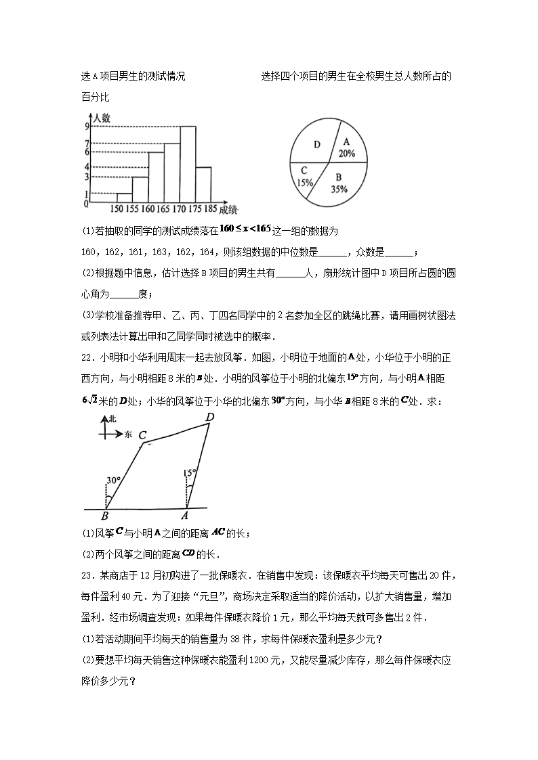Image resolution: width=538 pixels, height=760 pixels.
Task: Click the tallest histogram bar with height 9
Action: coord(188,164)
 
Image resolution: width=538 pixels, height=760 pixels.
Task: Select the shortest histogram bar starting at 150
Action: coord(124,198)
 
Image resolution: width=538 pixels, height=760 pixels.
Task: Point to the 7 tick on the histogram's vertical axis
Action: coord(87,143)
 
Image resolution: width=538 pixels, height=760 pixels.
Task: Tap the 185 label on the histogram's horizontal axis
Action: coord(211,209)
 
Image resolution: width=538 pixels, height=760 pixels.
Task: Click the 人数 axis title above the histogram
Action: coord(102,118)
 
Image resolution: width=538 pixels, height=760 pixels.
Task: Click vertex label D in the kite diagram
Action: coord(210,417)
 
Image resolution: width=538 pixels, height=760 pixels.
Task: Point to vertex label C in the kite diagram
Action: coord(142,435)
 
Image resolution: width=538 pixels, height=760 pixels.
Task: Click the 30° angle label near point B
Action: coord(112,481)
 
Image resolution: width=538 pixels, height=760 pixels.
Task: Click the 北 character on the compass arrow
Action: coord(112,420)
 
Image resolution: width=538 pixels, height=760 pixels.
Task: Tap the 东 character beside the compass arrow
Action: coord(129,434)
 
